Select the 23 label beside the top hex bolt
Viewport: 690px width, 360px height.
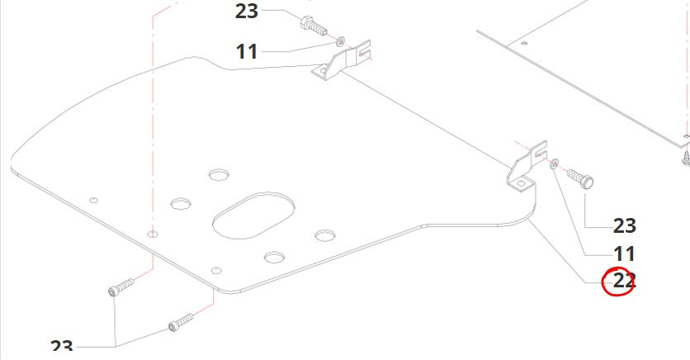(x=246, y=12)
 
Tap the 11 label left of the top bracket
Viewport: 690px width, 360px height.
(x=246, y=51)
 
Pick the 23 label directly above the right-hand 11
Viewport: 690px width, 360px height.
(x=624, y=225)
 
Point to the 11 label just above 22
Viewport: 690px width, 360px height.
(x=624, y=253)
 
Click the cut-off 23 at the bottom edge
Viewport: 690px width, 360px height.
(x=62, y=350)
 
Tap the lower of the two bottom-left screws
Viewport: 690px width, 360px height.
(x=180, y=320)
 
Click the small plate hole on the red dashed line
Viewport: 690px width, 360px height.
(x=151, y=234)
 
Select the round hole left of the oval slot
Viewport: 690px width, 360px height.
(x=180, y=203)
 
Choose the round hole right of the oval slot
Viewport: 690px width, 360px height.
(x=324, y=236)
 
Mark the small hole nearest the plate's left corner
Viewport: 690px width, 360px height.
(x=94, y=200)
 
